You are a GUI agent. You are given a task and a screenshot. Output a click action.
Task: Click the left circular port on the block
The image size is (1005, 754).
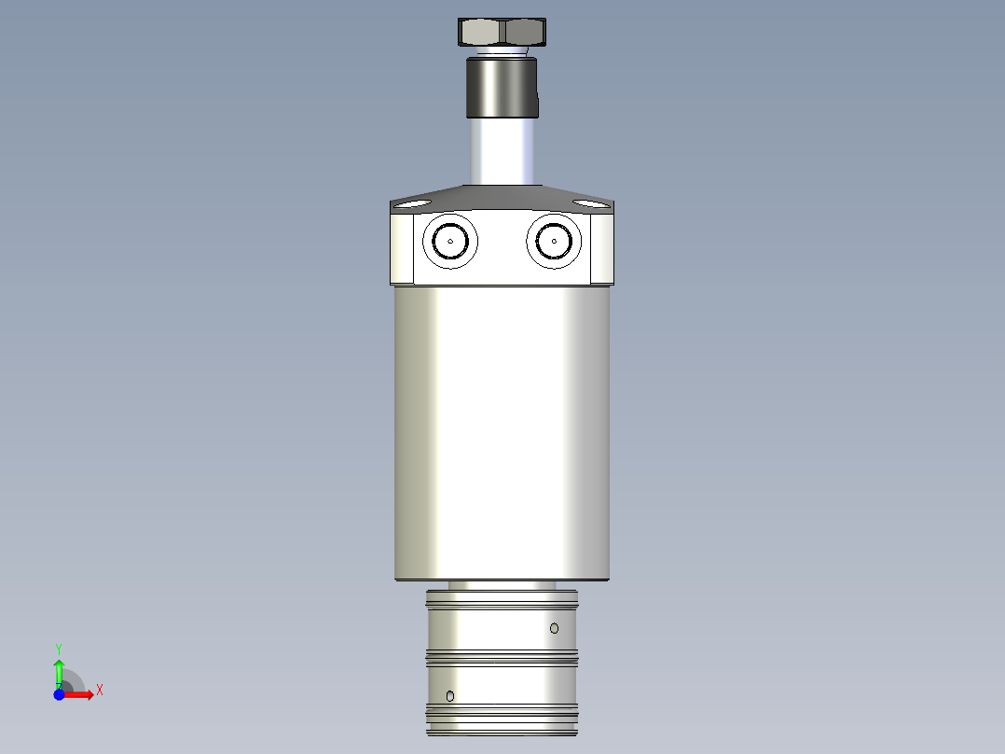click(449, 241)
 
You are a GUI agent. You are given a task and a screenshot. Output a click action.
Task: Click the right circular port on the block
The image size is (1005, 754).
click(554, 241)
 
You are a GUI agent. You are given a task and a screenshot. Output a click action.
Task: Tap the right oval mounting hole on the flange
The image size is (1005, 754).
click(588, 203)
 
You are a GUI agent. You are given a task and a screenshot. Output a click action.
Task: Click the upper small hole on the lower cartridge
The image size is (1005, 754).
click(554, 628)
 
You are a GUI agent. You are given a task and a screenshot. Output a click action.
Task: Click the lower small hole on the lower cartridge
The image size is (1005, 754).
click(450, 695)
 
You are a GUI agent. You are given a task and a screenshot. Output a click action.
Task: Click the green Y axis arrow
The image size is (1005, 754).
click(59, 670)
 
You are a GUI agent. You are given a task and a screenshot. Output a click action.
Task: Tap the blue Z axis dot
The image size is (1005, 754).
click(59, 694)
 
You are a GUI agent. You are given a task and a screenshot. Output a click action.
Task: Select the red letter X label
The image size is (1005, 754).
click(99, 691)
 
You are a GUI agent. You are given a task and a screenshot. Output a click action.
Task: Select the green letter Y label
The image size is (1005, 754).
click(59, 648)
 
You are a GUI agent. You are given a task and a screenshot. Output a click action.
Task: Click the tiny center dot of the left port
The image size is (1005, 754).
click(449, 241)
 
